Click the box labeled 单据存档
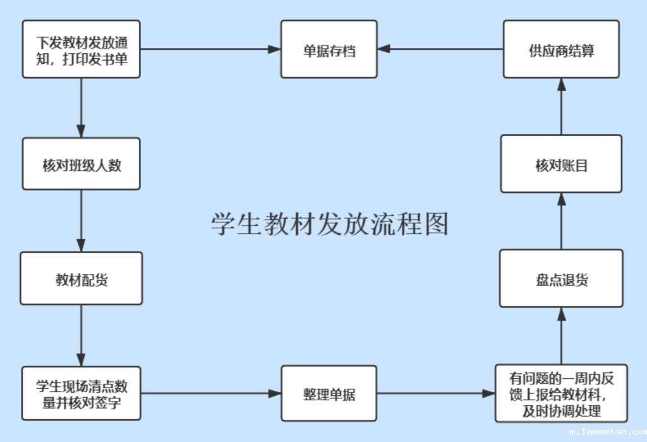tap(329, 49)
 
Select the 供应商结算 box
tap(561, 49)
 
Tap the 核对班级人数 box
tap(81, 164)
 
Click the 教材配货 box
tap(81, 278)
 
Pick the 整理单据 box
tap(329, 393)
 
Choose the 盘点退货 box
tap(561, 278)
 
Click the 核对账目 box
tap(561, 164)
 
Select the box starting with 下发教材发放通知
tap(81, 49)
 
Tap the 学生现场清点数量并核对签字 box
tap(81, 393)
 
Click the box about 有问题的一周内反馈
tap(561, 393)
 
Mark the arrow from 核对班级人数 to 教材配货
tap(81, 221)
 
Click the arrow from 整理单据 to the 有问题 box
tap(436, 393)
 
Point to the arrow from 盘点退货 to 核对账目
tap(561, 221)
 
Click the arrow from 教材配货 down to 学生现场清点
tap(81, 335)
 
